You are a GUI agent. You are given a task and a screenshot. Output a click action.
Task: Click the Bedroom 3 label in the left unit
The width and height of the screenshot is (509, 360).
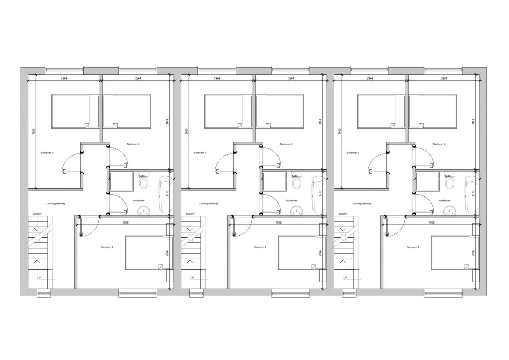[47, 153]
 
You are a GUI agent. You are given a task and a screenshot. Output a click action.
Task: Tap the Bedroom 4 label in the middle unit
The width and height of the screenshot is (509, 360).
[286, 144]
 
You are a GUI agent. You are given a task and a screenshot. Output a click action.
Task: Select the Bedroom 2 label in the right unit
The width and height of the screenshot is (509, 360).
[412, 247]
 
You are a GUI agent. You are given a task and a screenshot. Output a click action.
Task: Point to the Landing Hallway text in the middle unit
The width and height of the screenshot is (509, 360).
[209, 204]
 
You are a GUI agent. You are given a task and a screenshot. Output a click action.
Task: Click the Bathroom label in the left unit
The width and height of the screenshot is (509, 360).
[139, 201]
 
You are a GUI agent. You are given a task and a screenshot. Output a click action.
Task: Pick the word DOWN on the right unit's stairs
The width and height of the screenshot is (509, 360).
[343, 214]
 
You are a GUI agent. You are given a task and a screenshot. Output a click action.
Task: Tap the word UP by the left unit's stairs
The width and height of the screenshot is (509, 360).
[39, 277]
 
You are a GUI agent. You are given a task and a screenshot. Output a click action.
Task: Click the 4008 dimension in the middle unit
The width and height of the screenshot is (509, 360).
[278, 222]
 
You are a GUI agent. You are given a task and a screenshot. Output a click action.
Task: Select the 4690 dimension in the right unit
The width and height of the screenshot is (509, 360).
[340, 132]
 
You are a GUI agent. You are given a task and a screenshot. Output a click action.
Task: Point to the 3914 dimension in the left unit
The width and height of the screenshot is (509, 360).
[167, 122]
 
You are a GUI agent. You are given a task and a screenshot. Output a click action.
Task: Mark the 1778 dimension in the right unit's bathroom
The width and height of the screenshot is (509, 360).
[473, 193]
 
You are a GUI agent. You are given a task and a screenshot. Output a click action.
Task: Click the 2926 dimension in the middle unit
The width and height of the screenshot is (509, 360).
[320, 253]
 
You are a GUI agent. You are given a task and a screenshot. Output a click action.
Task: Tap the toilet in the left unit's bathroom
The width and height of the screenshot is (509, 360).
[144, 183]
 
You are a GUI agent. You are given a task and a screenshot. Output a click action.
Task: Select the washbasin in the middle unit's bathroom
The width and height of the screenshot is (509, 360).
[296, 210]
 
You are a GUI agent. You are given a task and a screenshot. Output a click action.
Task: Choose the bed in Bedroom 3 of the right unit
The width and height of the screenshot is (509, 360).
[381, 111]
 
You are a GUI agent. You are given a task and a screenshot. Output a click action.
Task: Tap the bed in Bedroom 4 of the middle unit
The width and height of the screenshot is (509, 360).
[280, 111]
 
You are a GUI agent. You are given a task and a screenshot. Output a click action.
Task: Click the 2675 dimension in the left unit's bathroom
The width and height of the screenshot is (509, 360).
[142, 177]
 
